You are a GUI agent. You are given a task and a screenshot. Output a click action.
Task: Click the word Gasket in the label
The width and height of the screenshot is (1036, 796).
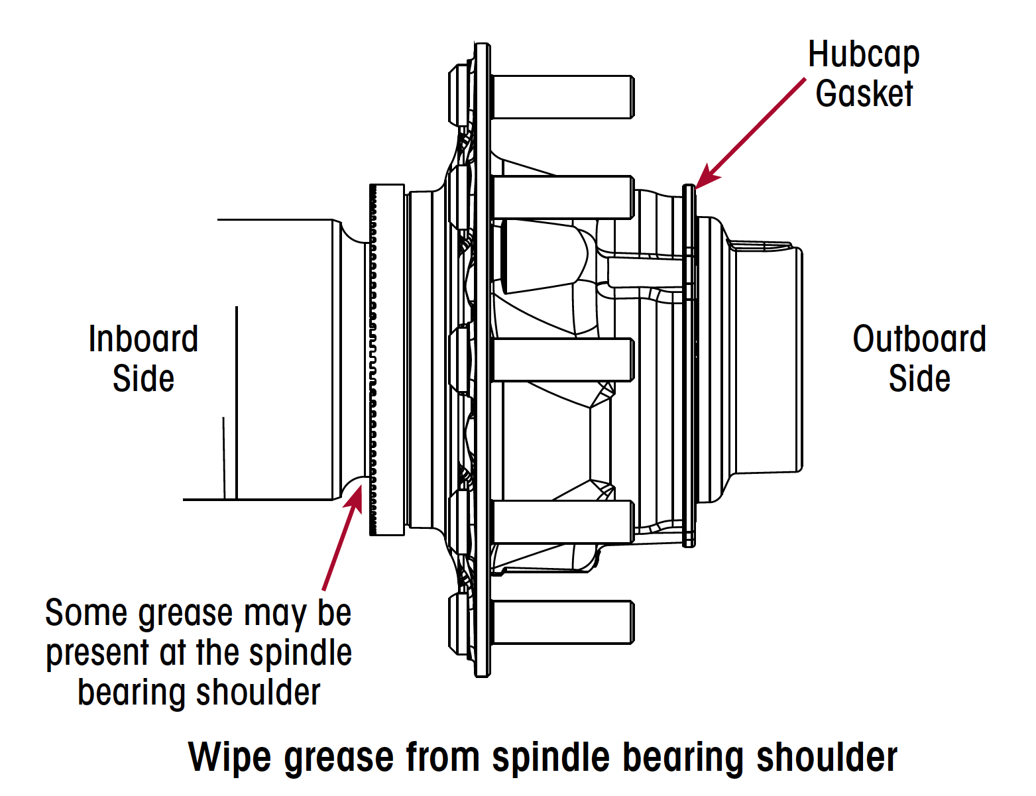click(x=864, y=93)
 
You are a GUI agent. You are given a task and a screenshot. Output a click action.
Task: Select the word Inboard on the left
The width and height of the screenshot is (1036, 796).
click(x=143, y=339)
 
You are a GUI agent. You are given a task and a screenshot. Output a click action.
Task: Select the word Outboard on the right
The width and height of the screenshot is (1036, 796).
click(x=919, y=339)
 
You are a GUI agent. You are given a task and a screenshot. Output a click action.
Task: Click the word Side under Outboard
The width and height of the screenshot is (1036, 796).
click(x=919, y=378)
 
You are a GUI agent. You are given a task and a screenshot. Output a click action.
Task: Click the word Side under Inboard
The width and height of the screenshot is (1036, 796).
click(x=143, y=378)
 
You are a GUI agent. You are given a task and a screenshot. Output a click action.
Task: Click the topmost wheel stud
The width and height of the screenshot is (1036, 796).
click(x=563, y=97)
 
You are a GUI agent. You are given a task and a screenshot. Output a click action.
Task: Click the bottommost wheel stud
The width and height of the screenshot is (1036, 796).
click(x=563, y=622)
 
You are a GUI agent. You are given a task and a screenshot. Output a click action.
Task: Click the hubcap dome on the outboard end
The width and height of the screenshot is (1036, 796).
click(x=766, y=358)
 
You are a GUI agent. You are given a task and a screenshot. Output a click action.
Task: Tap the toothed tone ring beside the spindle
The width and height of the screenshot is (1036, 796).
click(x=374, y=358)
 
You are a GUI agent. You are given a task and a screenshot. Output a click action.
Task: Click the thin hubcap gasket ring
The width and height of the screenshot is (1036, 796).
click(x=689, y=365)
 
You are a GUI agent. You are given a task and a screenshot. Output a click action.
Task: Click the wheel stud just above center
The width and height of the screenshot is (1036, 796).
click(x=563, y=198)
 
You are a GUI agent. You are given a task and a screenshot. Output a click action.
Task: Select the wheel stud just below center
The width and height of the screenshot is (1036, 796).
click(x=563, y=360)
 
